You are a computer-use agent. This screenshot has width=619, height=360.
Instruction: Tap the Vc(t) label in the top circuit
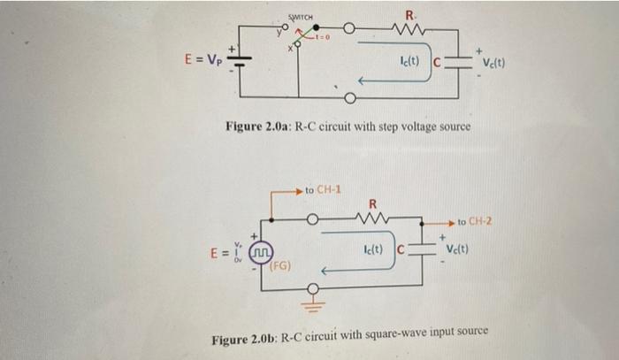tap(493, 63)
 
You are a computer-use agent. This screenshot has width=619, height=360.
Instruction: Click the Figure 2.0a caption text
tap(348, 127)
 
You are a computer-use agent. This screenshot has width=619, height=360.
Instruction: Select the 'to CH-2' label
tap(479, 219)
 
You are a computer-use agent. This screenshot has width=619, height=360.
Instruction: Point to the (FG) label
tap(282, 265)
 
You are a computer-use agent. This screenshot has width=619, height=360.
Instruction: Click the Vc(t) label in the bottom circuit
tap(462, 248)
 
